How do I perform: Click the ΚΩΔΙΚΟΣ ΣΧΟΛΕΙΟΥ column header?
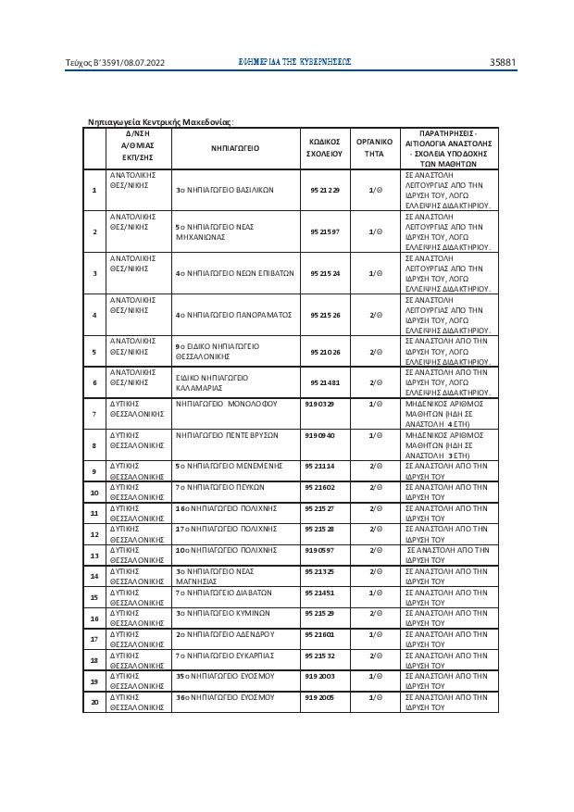[x=325, y=146]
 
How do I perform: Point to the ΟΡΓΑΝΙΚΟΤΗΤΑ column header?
[x=374, y=146]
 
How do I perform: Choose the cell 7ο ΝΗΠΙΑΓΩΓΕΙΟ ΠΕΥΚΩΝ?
[x=218, y=485]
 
